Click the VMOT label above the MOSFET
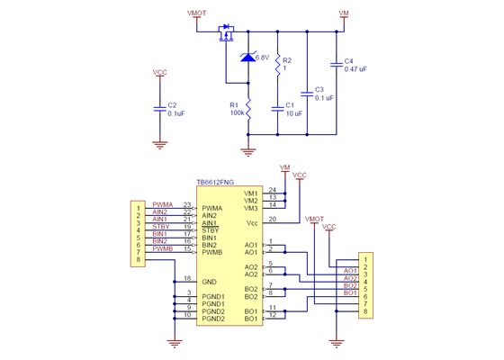point(195,14)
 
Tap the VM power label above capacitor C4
point(343,14)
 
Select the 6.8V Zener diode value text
point(263,58)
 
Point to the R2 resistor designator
point(287,60)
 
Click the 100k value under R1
point(236,113)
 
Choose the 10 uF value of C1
point(292,113)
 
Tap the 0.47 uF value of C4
point(355,68)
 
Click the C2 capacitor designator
point(171,105)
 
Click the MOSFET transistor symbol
point(225,36)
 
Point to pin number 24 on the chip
point(272,190)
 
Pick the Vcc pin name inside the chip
point(251,222)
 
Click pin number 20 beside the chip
point(272,219)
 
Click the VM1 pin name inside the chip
point(250,193)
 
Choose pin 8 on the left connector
point(138,260)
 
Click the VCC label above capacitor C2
point(159,72)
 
